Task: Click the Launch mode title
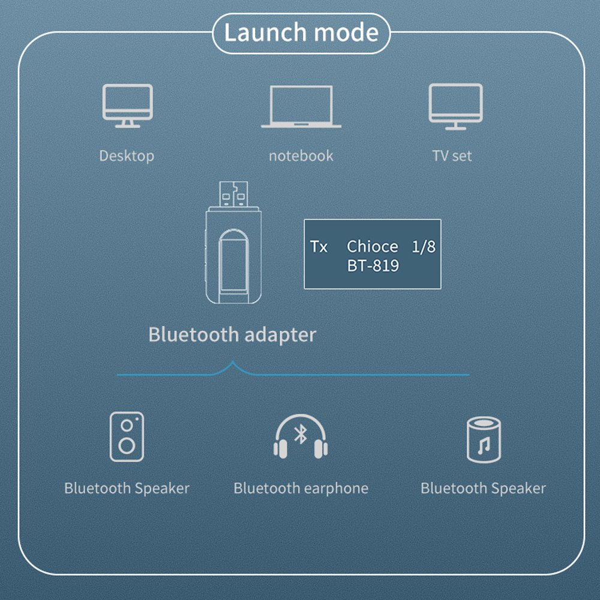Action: (301, 32)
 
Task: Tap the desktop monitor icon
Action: (127, 106)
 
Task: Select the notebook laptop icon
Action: (301, 107)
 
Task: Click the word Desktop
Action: (127, 156)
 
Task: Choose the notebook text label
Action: (301, 156)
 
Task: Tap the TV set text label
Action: (452, 156)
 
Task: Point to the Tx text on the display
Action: (319, 247)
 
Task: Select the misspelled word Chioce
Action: (372, 247)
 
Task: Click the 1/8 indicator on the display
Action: (424, 247)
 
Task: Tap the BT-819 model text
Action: (373, 265)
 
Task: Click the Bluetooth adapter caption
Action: (232, 334)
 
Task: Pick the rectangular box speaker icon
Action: (127, 436)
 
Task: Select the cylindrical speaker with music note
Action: (484, 440)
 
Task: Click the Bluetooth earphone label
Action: (301, 488)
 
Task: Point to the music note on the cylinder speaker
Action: (484, 446)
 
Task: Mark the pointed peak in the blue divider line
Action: (233, 363)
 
